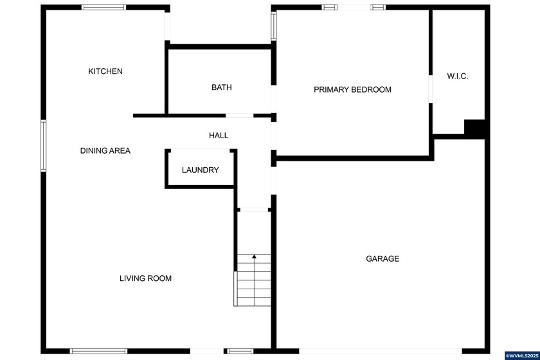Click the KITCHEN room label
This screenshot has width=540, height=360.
pos(105,71)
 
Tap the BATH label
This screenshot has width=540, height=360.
pos(222,87)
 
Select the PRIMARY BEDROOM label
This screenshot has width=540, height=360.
pos(352,89)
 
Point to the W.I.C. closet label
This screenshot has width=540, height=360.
pos(458,76)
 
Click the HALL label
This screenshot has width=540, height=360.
pos(219,136)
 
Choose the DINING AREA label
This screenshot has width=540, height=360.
pos(105,150)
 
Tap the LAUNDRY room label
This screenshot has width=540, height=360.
pos(200,170)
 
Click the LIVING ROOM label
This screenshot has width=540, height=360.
pos(145,278)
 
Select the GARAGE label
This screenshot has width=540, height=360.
pos(382,258)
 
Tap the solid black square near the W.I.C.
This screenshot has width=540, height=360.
pos(475,129)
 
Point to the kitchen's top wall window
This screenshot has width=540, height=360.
pos(104,8)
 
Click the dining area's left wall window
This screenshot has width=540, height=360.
pos(44,145)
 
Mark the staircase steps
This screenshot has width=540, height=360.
pos(253,280)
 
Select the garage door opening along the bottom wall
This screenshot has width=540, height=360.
pos(379,351)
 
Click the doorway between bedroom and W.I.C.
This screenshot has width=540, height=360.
pos(430,89)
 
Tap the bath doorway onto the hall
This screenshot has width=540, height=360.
pos(239,116)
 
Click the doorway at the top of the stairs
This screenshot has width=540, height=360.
pos(253,209)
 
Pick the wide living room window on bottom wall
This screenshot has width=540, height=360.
pos(98,351)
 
